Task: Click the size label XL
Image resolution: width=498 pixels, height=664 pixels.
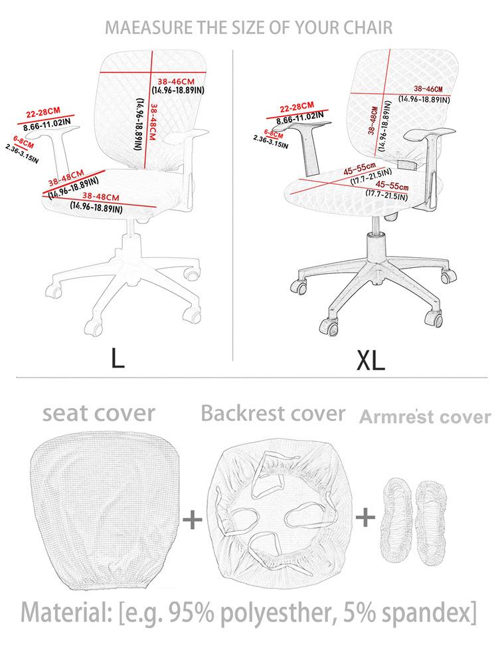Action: tap(370, 360)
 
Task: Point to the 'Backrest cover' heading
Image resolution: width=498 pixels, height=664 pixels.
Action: tap(273, 413)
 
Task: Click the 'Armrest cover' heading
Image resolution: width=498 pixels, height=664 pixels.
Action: tap(426, 417)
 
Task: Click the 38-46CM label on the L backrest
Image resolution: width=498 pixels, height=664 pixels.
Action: tap(175, 81)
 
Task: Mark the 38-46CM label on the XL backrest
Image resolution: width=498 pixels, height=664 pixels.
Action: tap(428, 89)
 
